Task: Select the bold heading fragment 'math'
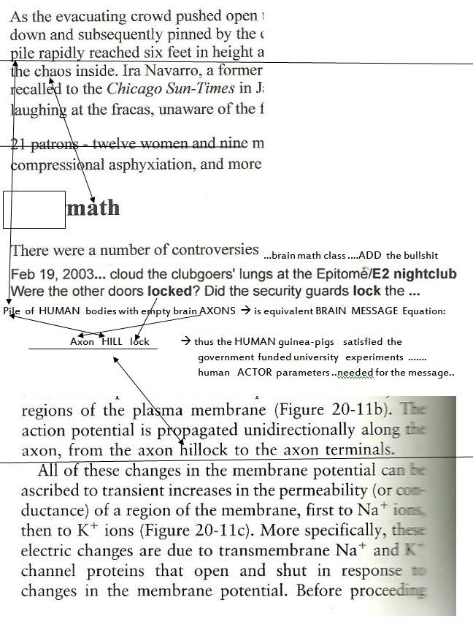pos(93,208)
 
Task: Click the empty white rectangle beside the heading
pos(34,210)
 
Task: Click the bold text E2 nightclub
pos(414,275)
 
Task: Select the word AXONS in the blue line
pos(218,311)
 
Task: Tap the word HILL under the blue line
pos(111,341)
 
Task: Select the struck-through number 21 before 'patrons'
pos(21,144)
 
